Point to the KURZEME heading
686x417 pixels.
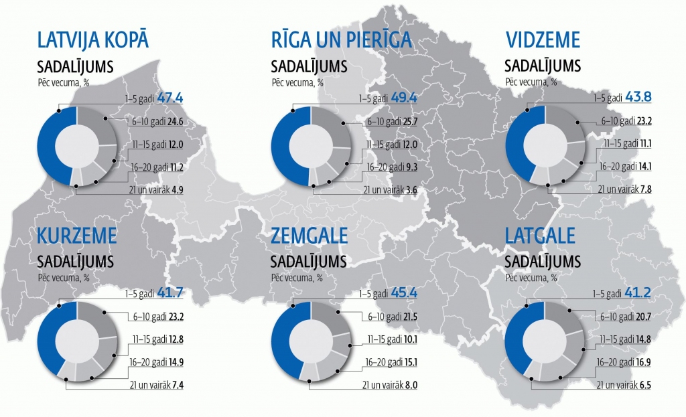[77, 236]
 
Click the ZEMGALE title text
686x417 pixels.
[310, 236]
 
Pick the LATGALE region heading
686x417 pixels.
[541, 236]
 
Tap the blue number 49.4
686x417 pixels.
[404, 98]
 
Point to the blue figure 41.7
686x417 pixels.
[170, 293]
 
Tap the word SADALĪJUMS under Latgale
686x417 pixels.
[542, 260]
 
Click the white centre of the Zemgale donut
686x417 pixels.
[311, 341]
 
